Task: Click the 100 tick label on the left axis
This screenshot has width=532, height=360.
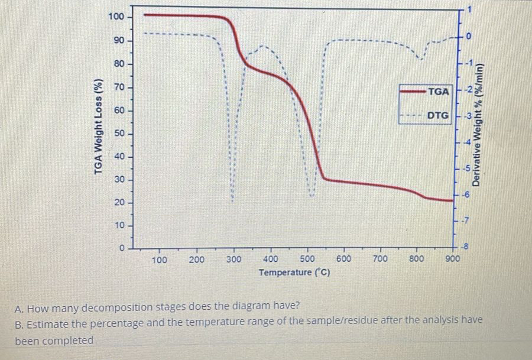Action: pos(116,16)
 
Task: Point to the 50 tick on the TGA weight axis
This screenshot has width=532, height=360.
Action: pos(119,134)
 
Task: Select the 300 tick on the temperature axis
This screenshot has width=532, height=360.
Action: pos(233,259)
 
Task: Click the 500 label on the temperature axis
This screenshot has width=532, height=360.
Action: pos(307,259)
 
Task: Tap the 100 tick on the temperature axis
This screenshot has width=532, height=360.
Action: pos(159,260)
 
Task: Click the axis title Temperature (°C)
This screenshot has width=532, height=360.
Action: pos(294,273)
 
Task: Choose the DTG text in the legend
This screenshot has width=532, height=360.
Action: pos(438,115)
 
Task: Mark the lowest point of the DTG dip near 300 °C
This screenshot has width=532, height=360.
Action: pos(232,201)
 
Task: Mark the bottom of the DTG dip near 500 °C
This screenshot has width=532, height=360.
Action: pos(312,196)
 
